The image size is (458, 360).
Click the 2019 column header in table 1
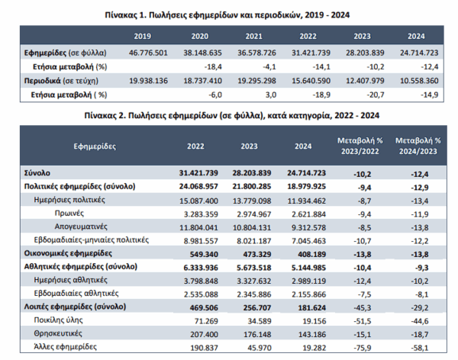click(x=142, y=36)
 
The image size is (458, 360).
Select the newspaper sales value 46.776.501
click(x=148, y=53)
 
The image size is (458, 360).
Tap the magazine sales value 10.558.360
click(x=419, y=81)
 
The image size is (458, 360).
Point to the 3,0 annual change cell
click(x=271, y=95)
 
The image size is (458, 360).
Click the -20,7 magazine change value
click(x=376, y=95)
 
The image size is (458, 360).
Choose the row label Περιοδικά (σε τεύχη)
click(x=61, y=81)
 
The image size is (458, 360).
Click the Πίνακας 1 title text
click(x=227, y=15)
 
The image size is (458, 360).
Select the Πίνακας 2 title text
click(x=232, y=116)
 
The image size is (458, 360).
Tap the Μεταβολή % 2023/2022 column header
click(x=360, y=146)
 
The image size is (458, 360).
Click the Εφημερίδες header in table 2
click(x=95, y=146)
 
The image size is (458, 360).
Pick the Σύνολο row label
click(x=37, y=173)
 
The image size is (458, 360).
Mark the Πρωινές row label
click(x=69, y=214)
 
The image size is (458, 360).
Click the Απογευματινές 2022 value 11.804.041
click(x=198, y=227)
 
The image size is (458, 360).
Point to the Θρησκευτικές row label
click(x=58, y=333)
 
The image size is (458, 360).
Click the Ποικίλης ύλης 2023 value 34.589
click(x=257, y=321)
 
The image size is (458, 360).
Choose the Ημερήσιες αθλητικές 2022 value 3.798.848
click(x=201, y=281)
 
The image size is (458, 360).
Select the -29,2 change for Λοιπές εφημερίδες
click(x=420, y=307)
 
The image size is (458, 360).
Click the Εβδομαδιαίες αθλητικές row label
click(x=76, y=294)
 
